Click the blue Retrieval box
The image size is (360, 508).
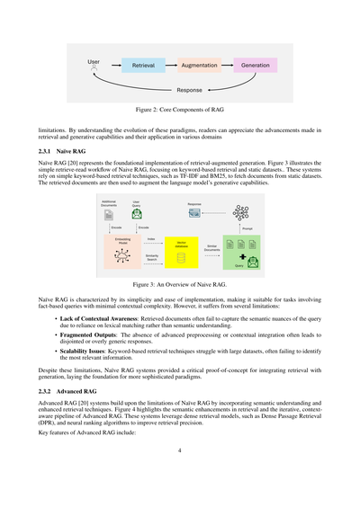143,67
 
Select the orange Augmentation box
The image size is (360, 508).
199,67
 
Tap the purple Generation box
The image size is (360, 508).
256,67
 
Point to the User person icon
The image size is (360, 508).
94,68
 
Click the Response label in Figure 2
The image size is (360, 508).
189,91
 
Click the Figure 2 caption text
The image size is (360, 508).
180,108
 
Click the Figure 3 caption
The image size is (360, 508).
180,282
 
